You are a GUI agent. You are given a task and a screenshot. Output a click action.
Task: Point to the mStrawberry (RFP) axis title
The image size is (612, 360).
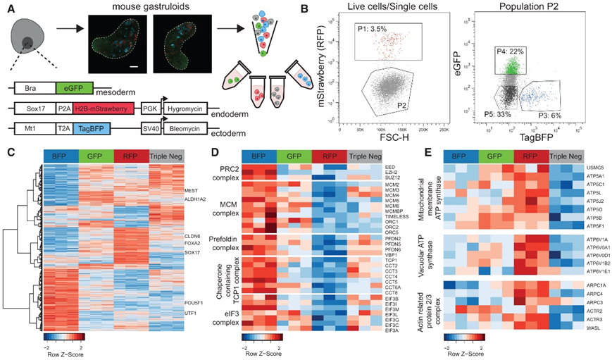pos(311,72)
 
